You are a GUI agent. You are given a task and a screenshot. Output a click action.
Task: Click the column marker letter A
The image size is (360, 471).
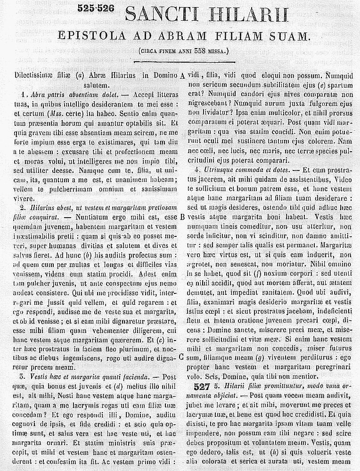(182, 76)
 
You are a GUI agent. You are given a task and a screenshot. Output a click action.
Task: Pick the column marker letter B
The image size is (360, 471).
(182, 217)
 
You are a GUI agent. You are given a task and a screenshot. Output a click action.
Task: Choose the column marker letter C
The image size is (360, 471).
(181, 357)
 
